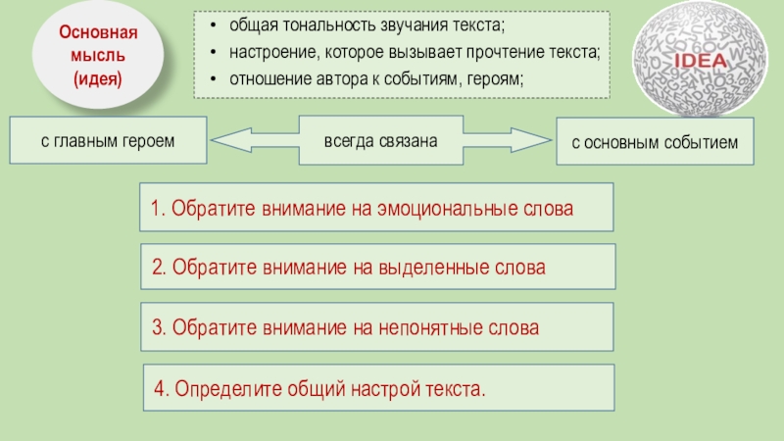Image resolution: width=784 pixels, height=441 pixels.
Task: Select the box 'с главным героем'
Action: tap(108, 140)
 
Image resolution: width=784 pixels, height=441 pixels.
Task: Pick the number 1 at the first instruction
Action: tap(156, 209)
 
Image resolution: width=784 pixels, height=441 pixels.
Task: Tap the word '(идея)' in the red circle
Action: tap(97, 77)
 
